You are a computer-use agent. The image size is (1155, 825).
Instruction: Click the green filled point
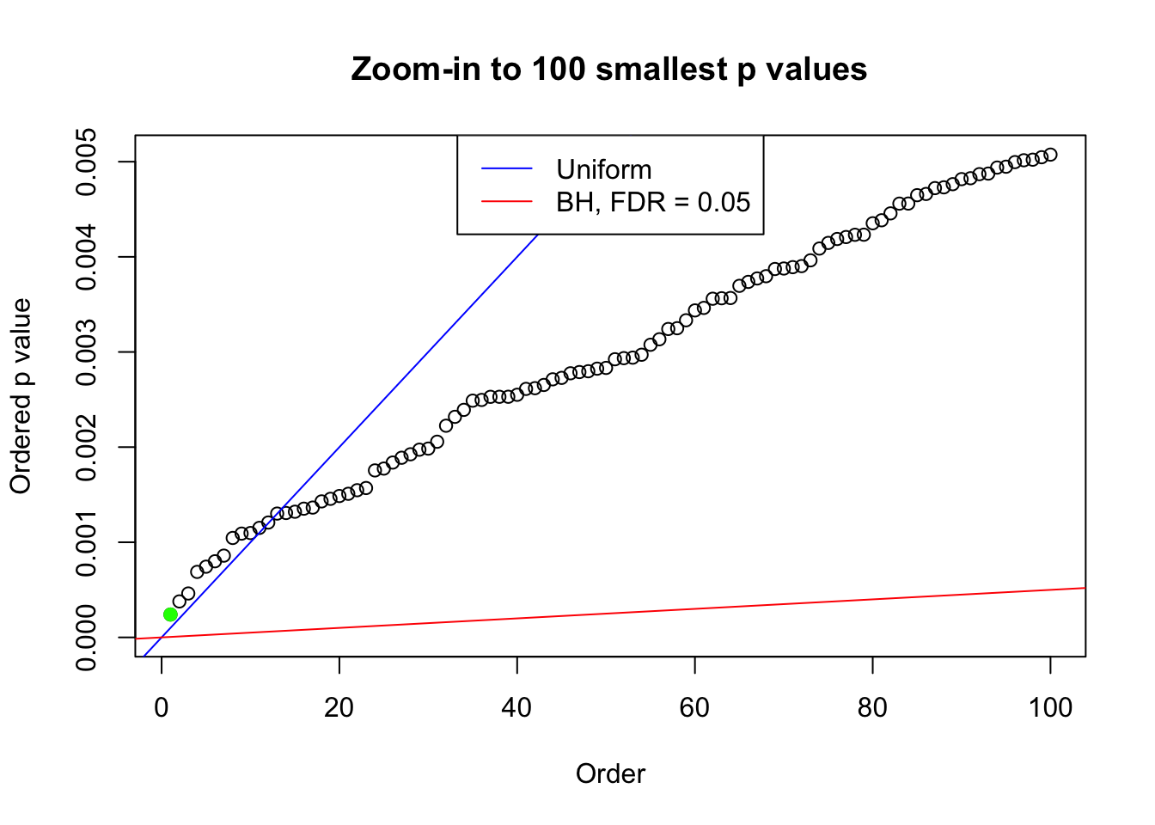[x=170, y=614]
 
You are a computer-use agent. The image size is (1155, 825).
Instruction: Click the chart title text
[x=609, y=69]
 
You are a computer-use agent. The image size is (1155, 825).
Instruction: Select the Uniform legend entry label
[x=603, y=169]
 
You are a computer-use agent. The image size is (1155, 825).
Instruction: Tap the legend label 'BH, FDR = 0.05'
[x=653, y=202]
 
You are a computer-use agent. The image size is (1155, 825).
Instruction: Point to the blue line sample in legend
[x=507, y=169]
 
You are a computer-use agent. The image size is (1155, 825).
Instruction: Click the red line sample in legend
[x=507, y=202]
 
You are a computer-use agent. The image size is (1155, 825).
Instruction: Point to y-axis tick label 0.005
[x=86, y=162]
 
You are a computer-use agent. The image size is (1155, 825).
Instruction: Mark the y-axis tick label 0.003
[x=86, y=352]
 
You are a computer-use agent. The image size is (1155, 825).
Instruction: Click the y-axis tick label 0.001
[x=86, y=542]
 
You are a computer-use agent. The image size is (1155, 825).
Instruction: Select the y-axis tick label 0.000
[x=86, y=637]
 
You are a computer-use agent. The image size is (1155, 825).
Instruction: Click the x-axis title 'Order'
[x=610, y=773]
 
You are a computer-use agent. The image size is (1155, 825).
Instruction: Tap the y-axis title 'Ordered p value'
[x=21, y=396]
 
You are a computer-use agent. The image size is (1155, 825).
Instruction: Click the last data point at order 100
[x=1050, y=155]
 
